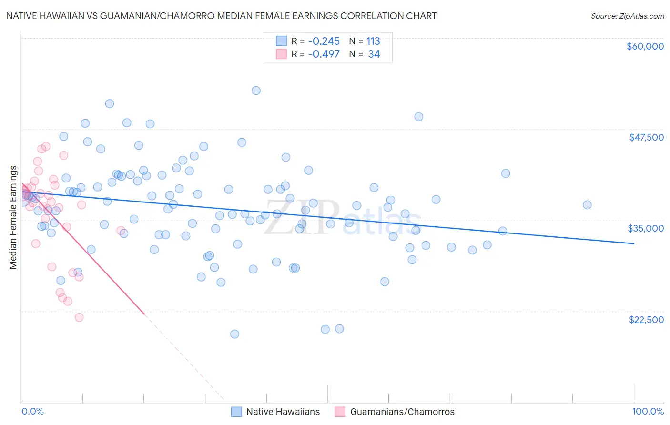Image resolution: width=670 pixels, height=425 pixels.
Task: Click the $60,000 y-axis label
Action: click(645, 46)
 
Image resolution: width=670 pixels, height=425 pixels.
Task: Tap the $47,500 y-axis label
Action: click(646, 137)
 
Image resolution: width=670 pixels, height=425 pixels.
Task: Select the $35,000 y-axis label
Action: click(646, 228)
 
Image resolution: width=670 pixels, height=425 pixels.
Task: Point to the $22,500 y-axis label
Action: click(646, 320)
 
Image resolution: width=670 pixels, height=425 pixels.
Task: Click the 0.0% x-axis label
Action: click(32, 411)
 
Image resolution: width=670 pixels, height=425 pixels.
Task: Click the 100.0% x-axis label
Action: click(648, 411)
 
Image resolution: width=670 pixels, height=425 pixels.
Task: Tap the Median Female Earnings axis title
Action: click(13, 217)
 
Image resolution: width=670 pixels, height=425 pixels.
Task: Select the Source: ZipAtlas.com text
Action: click(627, 16)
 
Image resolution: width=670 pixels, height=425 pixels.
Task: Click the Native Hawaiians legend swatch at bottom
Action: click(236, 412)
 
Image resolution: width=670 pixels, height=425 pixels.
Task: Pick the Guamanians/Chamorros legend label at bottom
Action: click(402, 412)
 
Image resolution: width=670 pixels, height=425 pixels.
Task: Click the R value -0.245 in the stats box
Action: click(324, 41)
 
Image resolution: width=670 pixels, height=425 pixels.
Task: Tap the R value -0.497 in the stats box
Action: click(324, 54)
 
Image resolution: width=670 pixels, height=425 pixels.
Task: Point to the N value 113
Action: click(373, 41)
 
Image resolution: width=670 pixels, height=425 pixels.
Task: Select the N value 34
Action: click(374, 54)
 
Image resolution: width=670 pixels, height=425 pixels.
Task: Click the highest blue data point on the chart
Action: click(256, 91)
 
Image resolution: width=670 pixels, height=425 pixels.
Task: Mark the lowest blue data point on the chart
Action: click(234, 334)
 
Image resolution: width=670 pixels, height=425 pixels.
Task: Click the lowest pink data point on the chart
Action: click(79, 317)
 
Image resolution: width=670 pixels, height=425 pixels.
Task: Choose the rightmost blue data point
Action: click(587, 205)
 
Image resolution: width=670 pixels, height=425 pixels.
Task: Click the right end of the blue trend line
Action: click(634, 243)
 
